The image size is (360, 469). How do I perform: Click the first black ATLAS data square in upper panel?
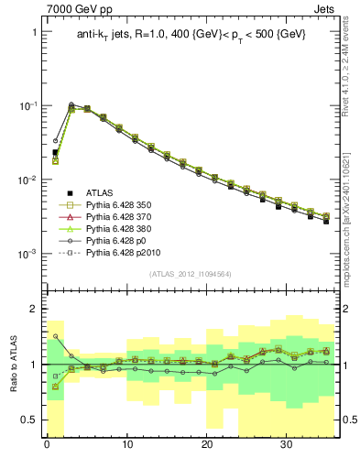(x=55, y=152)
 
